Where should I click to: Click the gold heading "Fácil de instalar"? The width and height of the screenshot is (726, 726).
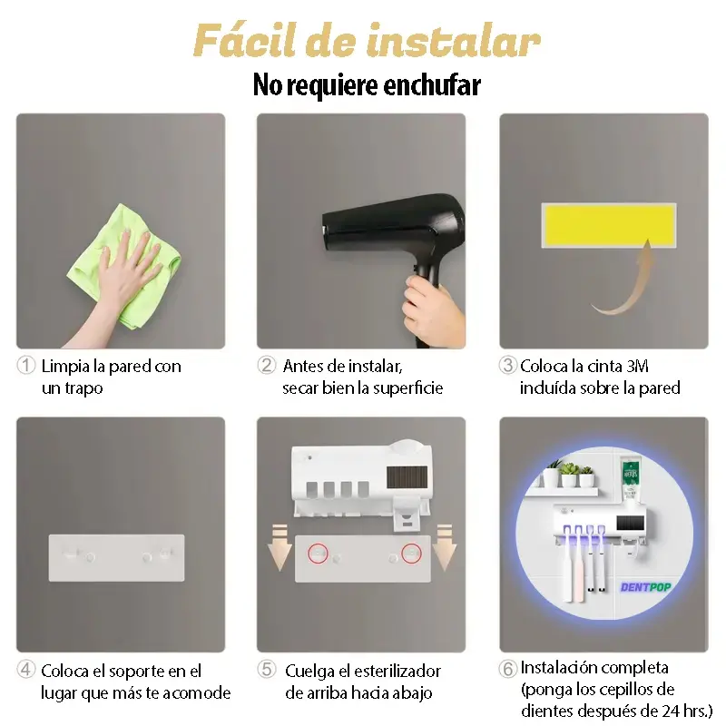tap(367, 41)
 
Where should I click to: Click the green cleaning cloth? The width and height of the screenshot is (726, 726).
tap(125, 266)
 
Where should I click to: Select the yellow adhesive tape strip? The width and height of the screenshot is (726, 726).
tap(609, 225)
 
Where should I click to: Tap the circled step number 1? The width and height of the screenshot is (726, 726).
tap(26, 365)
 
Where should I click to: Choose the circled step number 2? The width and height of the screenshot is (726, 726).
tap(267, 365)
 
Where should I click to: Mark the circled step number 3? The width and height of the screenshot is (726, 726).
tap(508, 365)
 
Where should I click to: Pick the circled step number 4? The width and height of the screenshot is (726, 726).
tap(26, 669)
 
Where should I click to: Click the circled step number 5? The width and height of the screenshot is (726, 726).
tap(267, 669)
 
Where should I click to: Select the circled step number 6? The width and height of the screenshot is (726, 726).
tap(508, 669)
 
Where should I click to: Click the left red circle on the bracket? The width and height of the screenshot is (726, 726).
tap(319, 554)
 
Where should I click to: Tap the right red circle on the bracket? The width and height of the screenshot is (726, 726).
tap(411, 554)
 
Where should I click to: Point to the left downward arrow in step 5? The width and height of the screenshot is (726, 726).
tap(280, 547)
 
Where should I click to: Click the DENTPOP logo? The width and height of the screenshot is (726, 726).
tap(645, 587)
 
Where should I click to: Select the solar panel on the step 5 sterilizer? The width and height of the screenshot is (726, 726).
tap(407, 477)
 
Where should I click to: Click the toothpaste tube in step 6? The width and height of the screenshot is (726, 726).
tap(631, 480)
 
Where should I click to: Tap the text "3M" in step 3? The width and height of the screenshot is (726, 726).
tap(637, 366)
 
